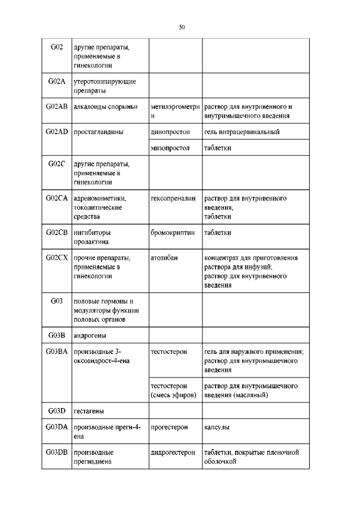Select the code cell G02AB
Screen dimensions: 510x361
click(56, 107)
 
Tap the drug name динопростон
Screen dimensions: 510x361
click(170, 132)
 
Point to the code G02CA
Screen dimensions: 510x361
click(56, 198)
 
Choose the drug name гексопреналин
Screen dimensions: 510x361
click(173, 198)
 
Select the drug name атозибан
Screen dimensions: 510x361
click(164, 258)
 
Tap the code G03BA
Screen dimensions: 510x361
click(56, 352)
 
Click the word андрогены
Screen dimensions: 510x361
click(91, 336)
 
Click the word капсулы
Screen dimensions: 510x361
click(217, 427)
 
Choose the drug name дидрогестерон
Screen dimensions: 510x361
click(173, 453)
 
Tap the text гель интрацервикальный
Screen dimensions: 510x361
click(242, 132)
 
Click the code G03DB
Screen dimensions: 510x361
click(56, 453)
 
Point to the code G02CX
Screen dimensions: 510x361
click(56, 258)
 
